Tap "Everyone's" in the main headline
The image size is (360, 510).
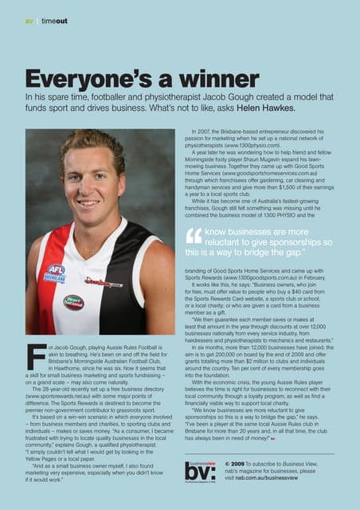click(x=76, y=80)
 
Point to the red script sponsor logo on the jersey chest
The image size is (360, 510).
click(x=104, y=283)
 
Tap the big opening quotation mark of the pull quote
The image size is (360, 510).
click(x=193, y=237)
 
